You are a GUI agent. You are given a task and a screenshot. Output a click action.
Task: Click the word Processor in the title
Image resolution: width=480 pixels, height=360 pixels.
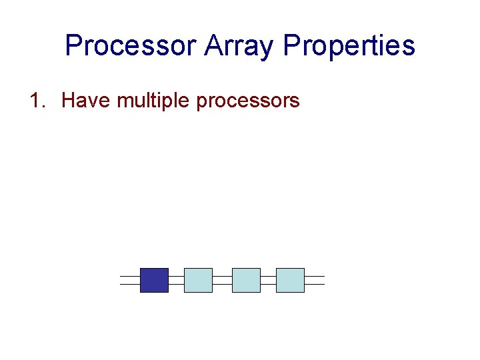(131, 46)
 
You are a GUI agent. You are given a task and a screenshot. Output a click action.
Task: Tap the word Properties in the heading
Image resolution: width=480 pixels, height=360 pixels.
(349, 46)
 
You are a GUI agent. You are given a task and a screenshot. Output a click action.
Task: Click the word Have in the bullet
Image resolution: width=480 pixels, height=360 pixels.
(85, 101)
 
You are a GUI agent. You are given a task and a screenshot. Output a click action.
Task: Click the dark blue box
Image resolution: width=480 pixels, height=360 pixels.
(154, 280)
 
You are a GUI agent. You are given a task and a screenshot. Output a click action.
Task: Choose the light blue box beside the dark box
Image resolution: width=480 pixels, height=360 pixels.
(198, 280)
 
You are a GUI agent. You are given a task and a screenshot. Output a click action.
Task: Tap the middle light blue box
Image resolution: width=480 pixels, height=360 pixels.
(246, 280)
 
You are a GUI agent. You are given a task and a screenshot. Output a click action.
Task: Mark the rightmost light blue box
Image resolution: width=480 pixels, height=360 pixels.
(290, 280)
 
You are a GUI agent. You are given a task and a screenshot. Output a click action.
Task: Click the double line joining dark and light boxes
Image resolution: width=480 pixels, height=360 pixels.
(176, 280)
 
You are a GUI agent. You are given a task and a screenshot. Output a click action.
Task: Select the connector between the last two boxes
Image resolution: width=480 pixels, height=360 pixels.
(268, 280)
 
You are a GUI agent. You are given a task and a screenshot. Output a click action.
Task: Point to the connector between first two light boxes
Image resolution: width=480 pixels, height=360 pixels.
(222, 280)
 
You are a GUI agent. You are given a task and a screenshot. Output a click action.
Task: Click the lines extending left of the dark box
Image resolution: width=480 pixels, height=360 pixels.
(130, 280)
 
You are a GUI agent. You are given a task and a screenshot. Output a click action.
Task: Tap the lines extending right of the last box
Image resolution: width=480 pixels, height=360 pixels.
(314, 280)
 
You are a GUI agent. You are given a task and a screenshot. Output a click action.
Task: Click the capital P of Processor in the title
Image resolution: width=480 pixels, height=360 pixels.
(73, 46)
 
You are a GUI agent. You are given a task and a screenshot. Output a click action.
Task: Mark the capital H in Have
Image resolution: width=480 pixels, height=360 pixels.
(68, 101)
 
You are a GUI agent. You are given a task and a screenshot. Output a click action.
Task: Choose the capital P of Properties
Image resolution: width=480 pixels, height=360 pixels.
(291, 46)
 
